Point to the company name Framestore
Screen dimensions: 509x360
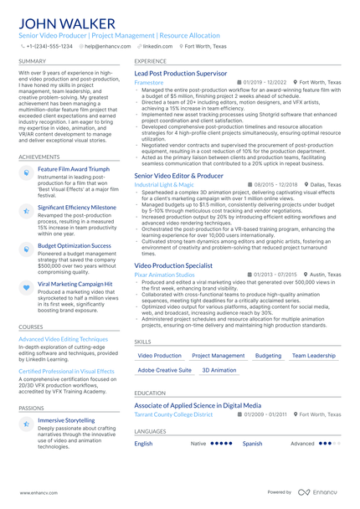pos(149,83)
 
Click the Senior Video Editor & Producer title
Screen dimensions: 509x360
pos(178,176)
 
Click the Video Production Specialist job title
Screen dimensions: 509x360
pos(173,265)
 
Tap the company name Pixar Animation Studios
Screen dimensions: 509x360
pos(163,274)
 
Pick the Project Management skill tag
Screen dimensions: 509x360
pos(219,356)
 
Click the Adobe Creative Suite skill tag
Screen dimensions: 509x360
pos(164,370)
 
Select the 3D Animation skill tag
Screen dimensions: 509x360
pos(219,370)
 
